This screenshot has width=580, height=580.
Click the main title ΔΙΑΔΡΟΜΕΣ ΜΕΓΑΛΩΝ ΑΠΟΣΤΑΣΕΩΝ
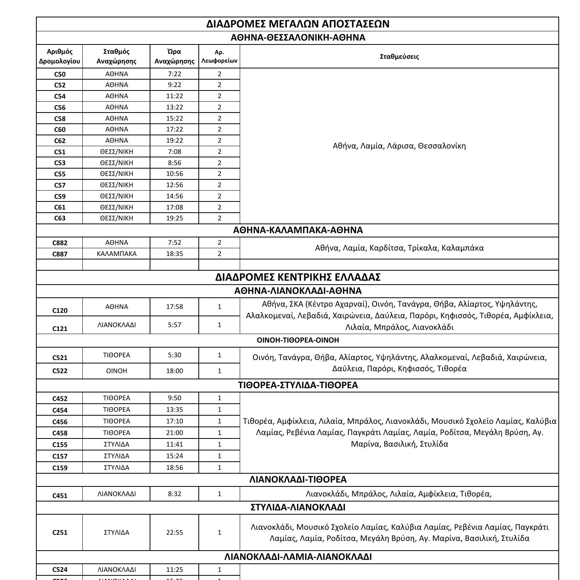pos(298,24)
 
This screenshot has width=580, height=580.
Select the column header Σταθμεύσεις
pos(399,56)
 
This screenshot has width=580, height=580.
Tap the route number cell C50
pos(60,74)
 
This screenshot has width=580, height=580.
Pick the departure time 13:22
pos(174,107)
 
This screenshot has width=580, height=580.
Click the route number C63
pos(60,218)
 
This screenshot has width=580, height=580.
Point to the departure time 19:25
pos(174,218)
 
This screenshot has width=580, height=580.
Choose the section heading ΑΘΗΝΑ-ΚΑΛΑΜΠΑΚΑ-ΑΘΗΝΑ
pos(298,230)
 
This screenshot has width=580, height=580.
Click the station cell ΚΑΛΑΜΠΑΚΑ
pos(116,254)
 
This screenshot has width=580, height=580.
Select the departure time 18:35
pos(174,254)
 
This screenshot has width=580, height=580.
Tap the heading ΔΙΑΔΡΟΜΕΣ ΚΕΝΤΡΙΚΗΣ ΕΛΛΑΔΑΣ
pos(298,277)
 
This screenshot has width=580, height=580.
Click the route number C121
pos(60,329)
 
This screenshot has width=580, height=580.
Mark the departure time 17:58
pos(174,307)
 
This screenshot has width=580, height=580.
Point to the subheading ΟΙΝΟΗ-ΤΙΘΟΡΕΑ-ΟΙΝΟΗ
pos(298,340)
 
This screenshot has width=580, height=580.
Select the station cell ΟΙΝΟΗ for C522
pos(116,371)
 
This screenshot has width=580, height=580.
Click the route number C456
pos(60,421)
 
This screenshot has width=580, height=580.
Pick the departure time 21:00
pos(174,433)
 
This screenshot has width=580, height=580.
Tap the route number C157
pos(60,456)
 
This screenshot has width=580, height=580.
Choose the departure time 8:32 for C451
pos(174,494)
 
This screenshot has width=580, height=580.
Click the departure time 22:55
pos(174,532)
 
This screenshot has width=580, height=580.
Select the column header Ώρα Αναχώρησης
pos(174,56)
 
